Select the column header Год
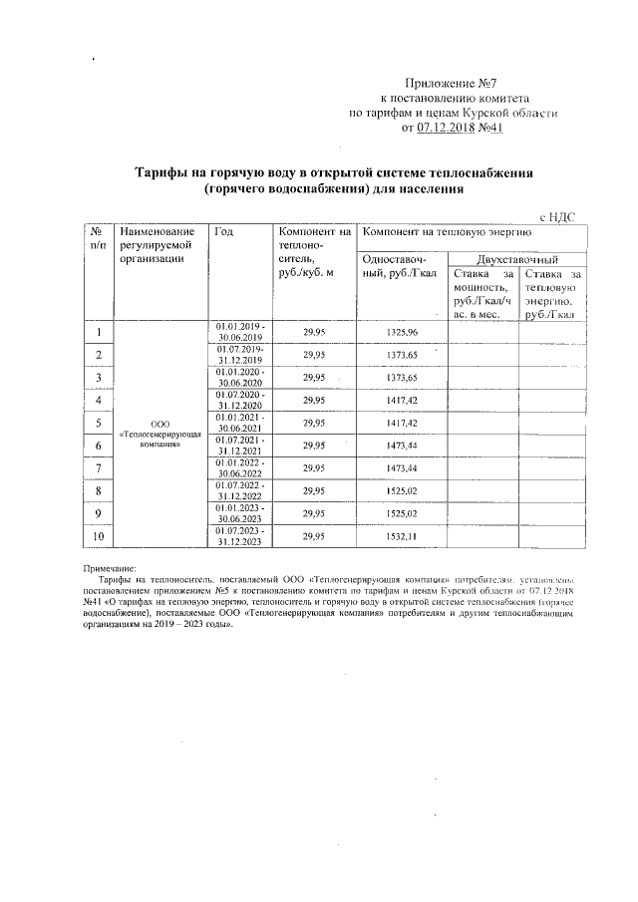[223, 231]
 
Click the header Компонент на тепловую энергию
[446, 231]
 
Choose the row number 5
[99, 423]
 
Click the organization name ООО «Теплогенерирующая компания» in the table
[161, 435]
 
